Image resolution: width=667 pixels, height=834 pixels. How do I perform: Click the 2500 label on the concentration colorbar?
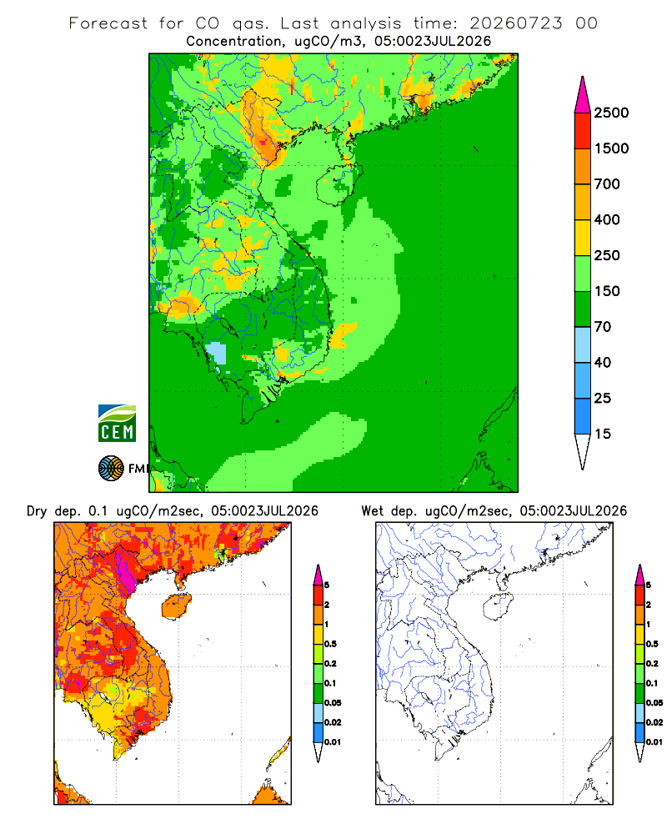(611, 113)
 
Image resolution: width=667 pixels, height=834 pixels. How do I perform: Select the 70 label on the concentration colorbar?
(603, 327)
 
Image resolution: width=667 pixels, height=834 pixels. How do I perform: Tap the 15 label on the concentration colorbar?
(603, 434)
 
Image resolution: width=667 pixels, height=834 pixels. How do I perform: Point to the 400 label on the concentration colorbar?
(607, 219)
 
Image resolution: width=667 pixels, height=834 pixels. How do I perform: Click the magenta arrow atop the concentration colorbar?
(583, 96)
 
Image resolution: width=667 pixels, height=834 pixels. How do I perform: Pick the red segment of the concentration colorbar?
(583, 131)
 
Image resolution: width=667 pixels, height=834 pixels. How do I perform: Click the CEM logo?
(117, 424)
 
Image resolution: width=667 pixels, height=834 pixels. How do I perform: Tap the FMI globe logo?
(111, 469)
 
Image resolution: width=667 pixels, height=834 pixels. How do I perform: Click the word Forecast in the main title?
(108, 23)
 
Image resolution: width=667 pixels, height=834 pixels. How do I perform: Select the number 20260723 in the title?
(515, 23)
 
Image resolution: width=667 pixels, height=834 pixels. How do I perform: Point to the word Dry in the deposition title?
(38, 511)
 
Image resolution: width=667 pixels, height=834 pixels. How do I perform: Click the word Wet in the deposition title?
(373, 511)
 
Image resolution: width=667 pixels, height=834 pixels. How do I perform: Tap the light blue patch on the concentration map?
(216, 354)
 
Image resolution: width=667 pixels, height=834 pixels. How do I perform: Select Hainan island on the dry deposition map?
(176, 606)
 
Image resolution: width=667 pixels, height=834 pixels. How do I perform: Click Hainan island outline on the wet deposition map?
(498, 607)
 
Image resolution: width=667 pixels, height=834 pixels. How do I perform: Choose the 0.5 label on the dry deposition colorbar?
(330, 644)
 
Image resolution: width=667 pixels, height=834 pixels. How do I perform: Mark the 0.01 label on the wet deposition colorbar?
(654, 742)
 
